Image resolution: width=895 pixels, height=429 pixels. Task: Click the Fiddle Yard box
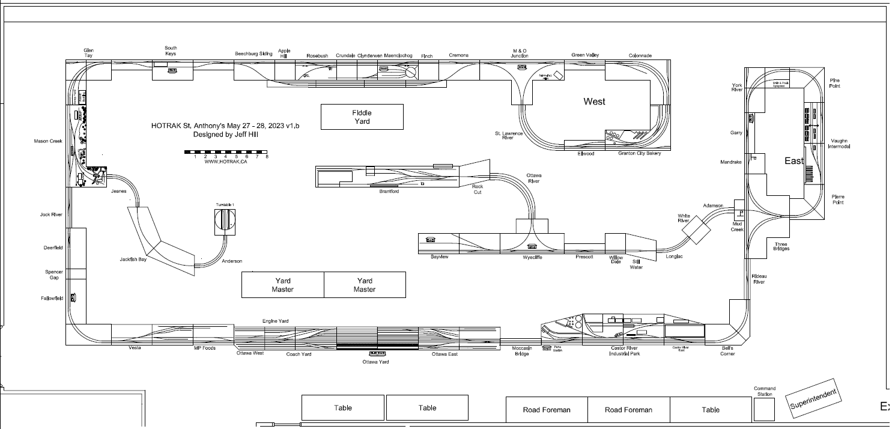(x=362, y=117)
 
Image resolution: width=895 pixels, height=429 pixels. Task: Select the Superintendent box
(x=813, y=398)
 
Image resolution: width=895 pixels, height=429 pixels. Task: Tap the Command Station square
(x=764, y=409)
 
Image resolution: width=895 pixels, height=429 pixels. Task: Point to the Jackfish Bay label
(x=133, y=260)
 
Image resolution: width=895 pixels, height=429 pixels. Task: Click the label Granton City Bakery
(x=639, y=153)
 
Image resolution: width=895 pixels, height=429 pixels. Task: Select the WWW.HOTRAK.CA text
(x=226, y=162)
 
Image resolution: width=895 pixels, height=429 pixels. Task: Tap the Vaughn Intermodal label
(x=838, y=144)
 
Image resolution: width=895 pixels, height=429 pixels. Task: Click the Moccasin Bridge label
(x=521, y=351)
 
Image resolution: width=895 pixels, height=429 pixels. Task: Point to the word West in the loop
(x=594, y=102)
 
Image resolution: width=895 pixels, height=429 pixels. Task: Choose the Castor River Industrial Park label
(x=624, y=351)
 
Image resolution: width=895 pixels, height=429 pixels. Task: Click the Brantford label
(x=389, y=192)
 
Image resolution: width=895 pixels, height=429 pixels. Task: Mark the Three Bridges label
(x=781, y=246)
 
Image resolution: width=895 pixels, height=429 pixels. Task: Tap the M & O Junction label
(x=520, y=53)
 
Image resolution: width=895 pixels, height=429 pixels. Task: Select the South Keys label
(x=171, y=50)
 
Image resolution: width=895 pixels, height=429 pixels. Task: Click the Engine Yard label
(x=275, y=321)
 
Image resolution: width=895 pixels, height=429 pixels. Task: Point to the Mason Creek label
(x=48, y=141)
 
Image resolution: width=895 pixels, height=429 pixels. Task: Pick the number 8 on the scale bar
(x=267, y=157)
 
